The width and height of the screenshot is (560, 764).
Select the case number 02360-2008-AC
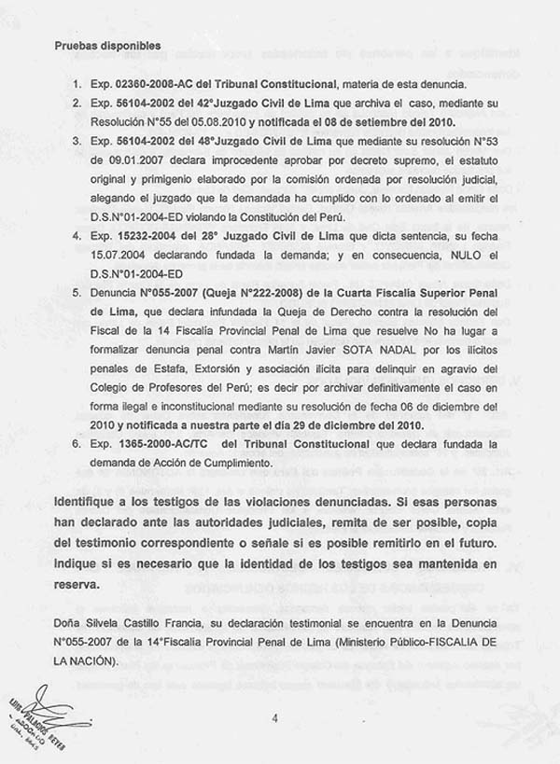(x=139, y=86)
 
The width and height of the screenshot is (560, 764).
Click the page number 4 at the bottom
(x=276, y=716)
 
